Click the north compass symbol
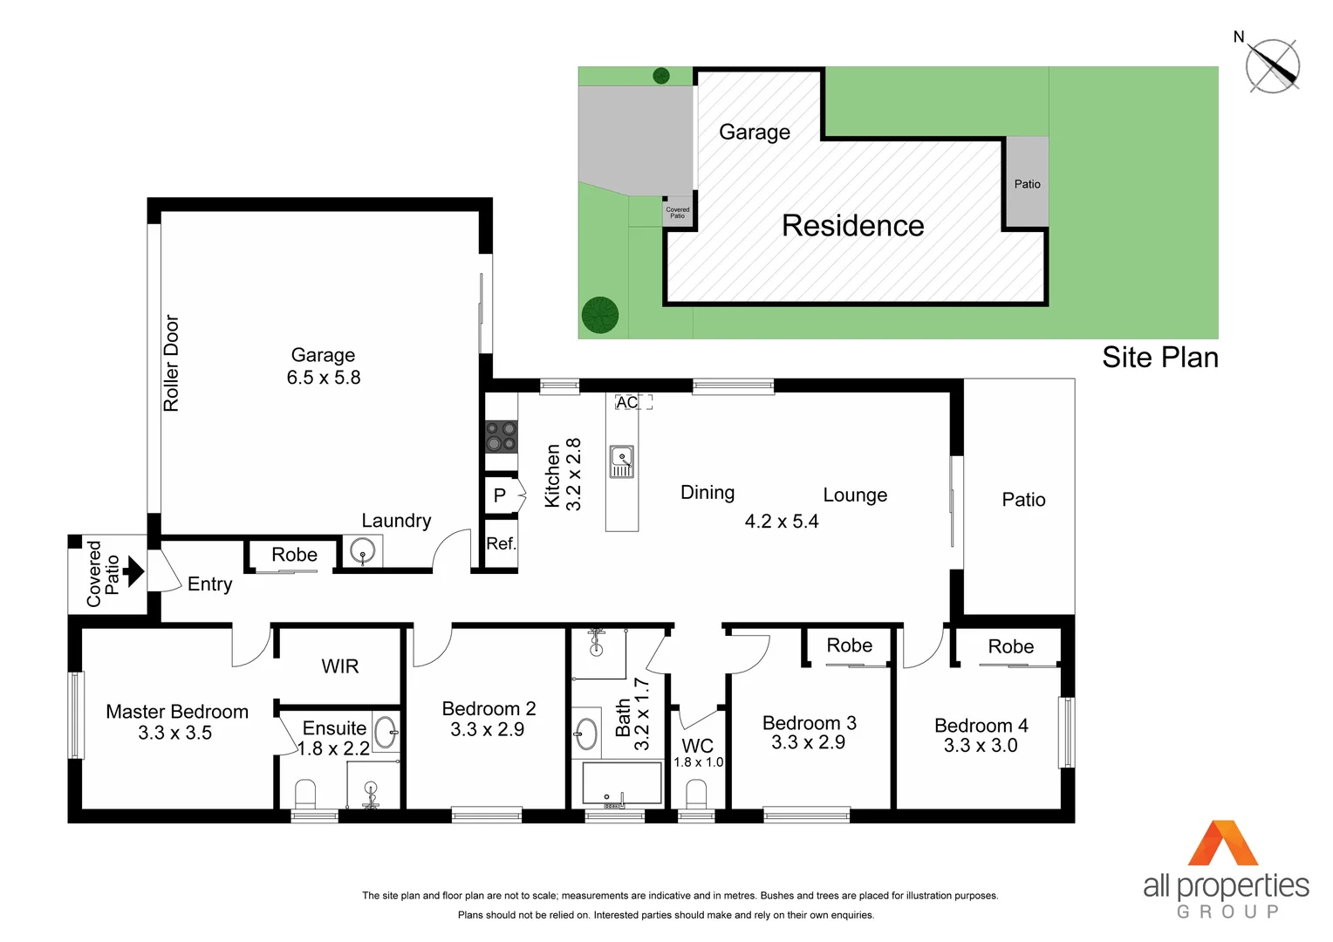point(1272,66)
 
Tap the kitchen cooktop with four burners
point(501,436)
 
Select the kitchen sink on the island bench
point(621,461)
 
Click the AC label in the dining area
point(626,402)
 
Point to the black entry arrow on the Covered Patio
point(133,572)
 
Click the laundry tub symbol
point(362,551)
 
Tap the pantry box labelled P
point(500,495)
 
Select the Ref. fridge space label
point(501,543)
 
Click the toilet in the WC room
point(696,795)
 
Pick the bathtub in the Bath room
point(622,783)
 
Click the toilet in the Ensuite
point(305,795)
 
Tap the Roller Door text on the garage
point(171,363)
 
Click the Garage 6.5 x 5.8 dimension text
point(324,377)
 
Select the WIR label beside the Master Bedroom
point(339,666)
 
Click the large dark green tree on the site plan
point(600,315)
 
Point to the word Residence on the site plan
point(852,226)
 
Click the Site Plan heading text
point(1159,357)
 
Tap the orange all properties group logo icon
point(1223,843)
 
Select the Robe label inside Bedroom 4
point(1010,646)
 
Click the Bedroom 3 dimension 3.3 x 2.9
point(808,742)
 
